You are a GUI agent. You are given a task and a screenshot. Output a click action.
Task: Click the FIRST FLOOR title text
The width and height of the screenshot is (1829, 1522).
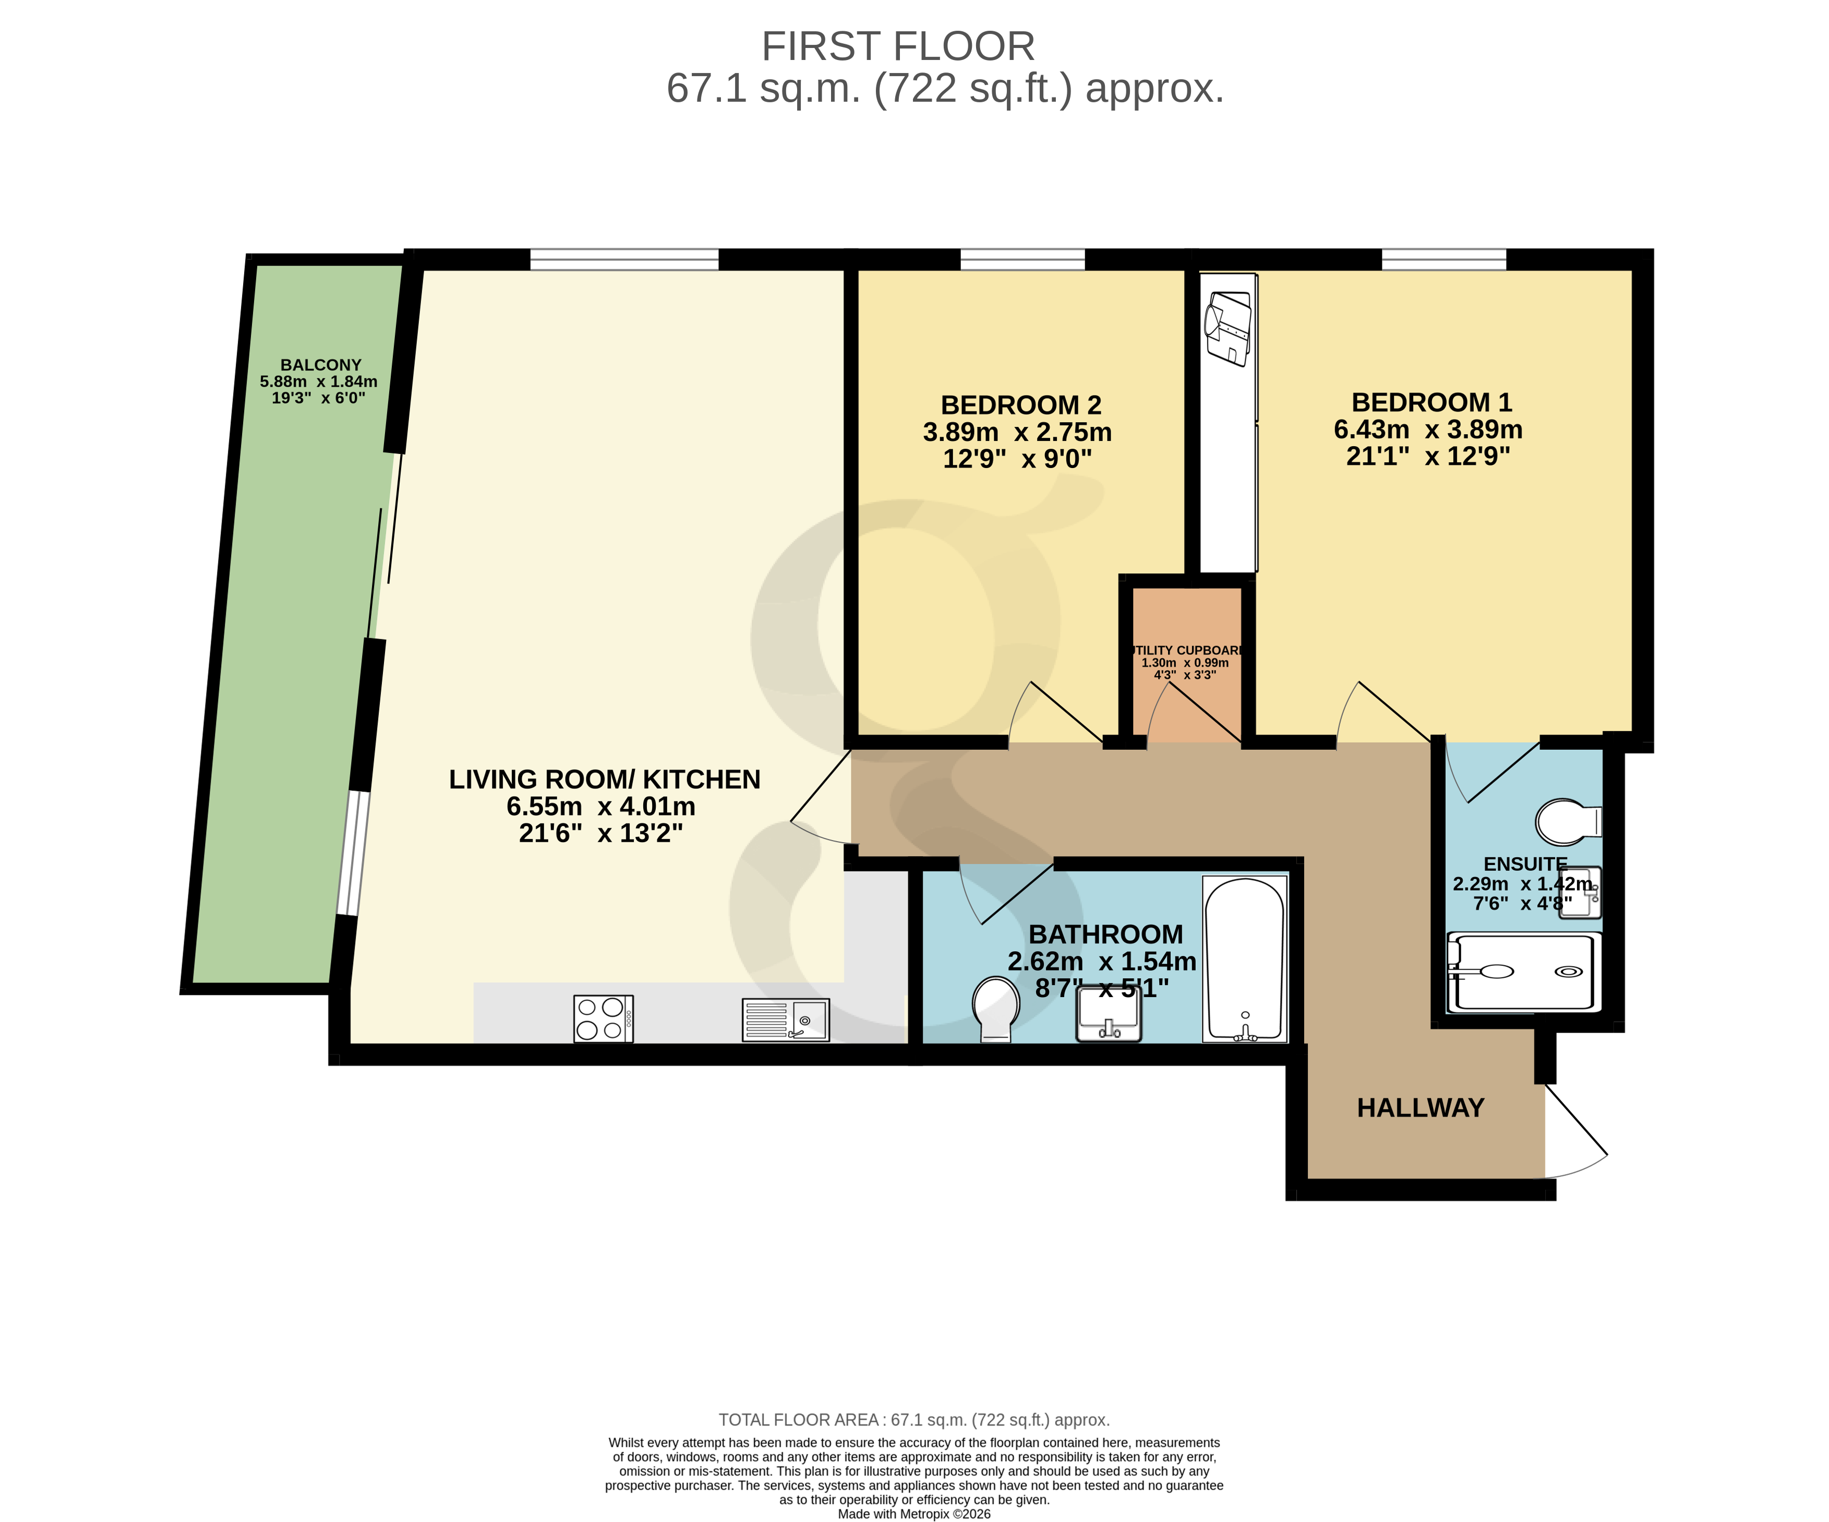[x=898, y=46]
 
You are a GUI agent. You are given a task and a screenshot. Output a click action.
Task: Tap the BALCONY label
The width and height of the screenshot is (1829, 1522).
[x=320, y=365]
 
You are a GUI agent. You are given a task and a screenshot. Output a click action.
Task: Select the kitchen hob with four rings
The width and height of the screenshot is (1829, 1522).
[x=603, y=1018]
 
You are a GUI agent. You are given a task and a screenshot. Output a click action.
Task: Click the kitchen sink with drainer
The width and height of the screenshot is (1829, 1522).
[x=786, y=1020]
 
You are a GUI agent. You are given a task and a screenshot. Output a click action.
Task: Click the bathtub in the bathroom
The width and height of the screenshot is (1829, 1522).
[x=1245, y=958]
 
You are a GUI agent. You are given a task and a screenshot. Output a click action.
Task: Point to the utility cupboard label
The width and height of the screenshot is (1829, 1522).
[x=1186, y=651]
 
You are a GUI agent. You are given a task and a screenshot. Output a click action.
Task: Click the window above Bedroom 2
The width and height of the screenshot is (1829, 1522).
[x=1022, y=259]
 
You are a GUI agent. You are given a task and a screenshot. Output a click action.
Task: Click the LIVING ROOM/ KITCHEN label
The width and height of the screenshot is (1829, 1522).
[x=605, y=780]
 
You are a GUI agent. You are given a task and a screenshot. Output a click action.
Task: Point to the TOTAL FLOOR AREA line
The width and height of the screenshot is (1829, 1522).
[x=913, y=1420]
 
